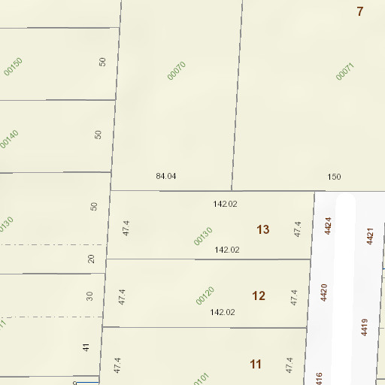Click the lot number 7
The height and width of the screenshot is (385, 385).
click(x=360, y=11)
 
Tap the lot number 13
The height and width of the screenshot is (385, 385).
click(x=263, y=229)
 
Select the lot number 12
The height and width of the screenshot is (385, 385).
click(x=259, y=296)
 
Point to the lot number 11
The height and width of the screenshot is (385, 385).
click(x=256, y=364)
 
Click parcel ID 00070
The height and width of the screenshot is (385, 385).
click(x=176, y=71)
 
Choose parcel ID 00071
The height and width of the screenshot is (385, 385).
click(x=344, y=71)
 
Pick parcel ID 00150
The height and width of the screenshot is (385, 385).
click(x=13, y=66)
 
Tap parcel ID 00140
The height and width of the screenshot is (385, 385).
click(x=9, y=139)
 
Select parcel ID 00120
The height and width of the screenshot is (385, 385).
click(x=205, y=296)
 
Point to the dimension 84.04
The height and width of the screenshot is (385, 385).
click(x=165, y=176)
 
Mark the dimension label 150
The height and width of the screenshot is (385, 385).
click(x=334, y=177)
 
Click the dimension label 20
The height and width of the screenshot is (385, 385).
click(x=92, y=259)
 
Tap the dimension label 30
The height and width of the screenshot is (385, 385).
click(x=89, y=296)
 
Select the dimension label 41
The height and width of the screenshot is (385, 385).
click(x=86, y=347)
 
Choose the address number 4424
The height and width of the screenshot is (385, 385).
click(x=327, y=226)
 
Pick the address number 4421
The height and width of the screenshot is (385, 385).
click(x=370, y=236)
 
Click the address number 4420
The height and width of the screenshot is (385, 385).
click(x=324, y=292)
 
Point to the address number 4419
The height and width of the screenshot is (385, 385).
click(x=364, y=327)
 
